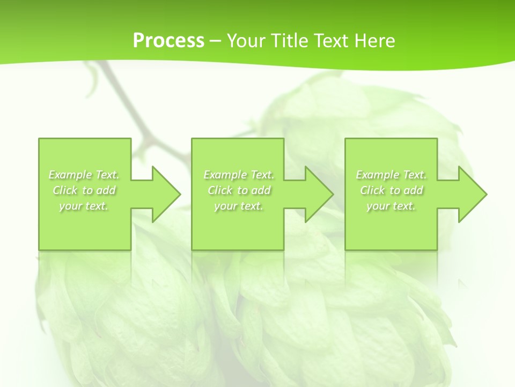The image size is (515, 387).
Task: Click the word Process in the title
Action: tap(168, 41)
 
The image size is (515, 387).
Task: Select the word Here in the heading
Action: tap(375, 41)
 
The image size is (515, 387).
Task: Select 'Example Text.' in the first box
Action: tap(84, 175)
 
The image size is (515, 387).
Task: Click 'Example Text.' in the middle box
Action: tap(239, 175)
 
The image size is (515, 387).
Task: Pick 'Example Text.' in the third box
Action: tap(391, 175)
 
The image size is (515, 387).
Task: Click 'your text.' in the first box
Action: tap(84, 206)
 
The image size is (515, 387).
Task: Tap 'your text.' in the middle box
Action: tap(239, 206)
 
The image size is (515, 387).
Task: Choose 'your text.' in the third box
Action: tap(391, 206)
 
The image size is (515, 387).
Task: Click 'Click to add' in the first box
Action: tap(84, 190)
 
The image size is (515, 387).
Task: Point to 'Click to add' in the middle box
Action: tap(239, 190)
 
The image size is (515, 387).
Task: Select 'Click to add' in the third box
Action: tap(391, 190)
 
